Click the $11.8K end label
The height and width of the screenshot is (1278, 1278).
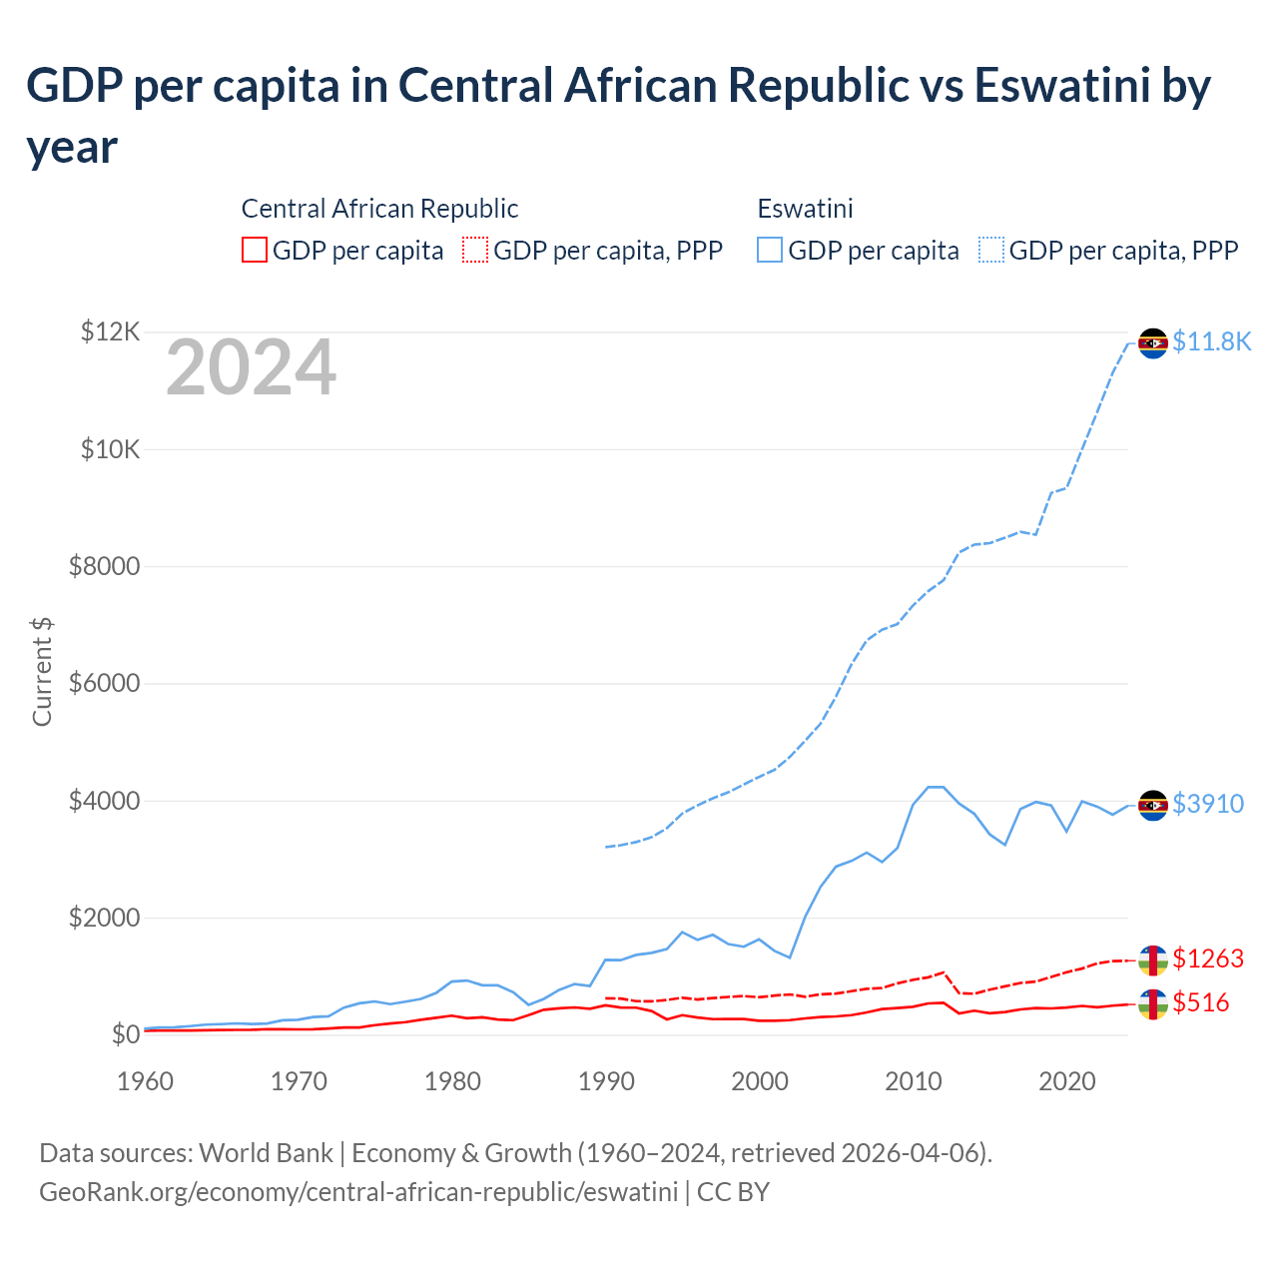pos(1211,341)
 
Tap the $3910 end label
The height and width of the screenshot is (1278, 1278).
pos(1208,804)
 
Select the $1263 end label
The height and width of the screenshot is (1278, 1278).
pos(1208,958)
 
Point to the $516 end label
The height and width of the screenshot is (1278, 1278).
pos(1201,1002)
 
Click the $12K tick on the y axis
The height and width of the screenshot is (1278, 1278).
pos(110,331)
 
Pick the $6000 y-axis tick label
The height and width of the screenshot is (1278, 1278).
pos(104,684)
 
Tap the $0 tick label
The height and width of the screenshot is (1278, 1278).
pos(125,1034)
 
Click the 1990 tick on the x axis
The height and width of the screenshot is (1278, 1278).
pos(606,1081)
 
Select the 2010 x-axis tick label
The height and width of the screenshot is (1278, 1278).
pos(914,1081)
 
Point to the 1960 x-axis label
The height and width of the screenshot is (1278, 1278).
pos(146,1081)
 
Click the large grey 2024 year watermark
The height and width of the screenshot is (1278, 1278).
pos(251,367)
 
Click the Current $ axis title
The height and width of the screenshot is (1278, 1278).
pos(42,672)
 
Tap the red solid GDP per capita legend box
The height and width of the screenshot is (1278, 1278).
pos(255,250)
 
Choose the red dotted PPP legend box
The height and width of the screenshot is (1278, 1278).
pos(475,250)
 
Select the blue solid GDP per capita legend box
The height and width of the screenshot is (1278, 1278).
pos(770,250)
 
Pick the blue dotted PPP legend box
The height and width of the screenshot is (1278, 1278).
pos(990,250)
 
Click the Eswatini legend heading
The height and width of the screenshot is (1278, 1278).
pos(805,209)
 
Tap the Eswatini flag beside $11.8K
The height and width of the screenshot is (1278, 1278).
pos(1153,342)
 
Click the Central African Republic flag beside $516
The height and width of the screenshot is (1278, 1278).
pos(1153,1003)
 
